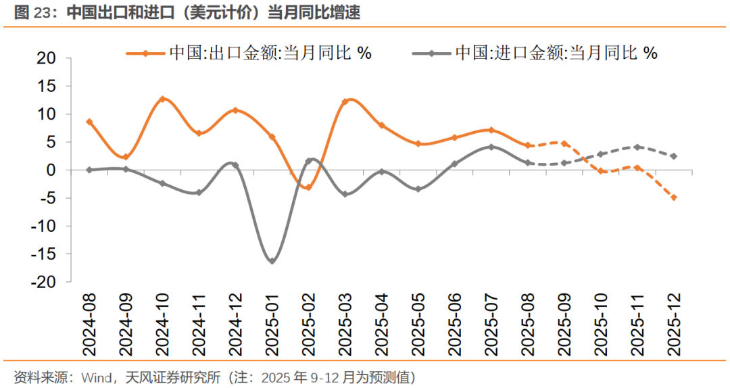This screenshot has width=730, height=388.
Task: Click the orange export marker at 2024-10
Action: [x=162, y=99]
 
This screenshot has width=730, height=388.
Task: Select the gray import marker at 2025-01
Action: [x=272, y=261]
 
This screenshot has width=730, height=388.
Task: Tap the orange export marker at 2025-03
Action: [x=345, y=102]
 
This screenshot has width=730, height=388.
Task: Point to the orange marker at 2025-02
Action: [x=308, y=187]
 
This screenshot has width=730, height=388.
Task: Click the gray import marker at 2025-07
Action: [x=491, y=147]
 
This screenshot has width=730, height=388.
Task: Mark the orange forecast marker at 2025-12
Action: [x=674, y=197]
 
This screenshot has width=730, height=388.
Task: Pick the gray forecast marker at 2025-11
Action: [x=637, y=147]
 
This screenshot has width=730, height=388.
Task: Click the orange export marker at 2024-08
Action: [x=89, y=122]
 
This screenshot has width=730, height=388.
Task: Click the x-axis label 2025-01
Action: [x=272, y=325]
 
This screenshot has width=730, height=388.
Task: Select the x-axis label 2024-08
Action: [x=89, y=325]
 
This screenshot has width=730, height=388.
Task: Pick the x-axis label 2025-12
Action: [x=674, y=325]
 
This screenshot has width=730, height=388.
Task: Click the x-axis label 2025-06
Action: [x=455, y=325]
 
